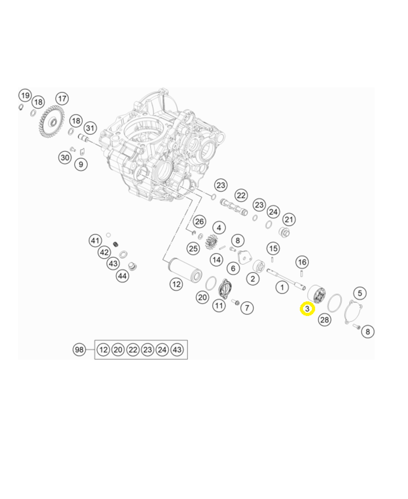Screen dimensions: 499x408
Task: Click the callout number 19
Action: [25, 96]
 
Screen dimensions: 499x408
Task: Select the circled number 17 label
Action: [62, 98]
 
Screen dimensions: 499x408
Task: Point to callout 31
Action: [90, 128]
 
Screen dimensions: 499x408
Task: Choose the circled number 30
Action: [65, 157]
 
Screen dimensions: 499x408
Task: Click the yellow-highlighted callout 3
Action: [307, 309]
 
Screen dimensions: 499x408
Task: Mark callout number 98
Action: [79, 350]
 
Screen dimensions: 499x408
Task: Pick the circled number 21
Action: [289, 219]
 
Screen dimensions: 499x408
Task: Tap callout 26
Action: [200, 222]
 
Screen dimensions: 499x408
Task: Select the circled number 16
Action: [302, 262]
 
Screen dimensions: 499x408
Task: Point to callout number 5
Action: [359, 293]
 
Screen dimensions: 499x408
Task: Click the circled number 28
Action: [324, 320]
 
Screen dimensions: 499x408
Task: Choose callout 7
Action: [247, 307]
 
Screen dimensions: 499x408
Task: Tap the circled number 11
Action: [219, 305]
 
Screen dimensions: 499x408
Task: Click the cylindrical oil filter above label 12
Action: [184, 270]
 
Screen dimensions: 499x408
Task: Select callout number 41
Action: [95, 241]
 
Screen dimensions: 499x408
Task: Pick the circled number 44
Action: [122, 276]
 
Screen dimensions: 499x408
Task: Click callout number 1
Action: [282, 287]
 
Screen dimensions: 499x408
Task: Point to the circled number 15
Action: [273, 248]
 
